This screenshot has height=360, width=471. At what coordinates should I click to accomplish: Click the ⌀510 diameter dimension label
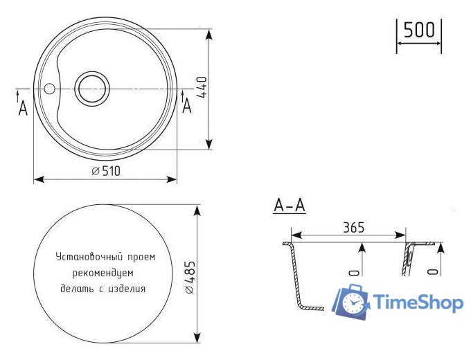coord(106,172)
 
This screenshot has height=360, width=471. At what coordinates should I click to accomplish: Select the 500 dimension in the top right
coord(419,30)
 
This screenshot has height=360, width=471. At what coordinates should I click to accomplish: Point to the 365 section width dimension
coord(353,227)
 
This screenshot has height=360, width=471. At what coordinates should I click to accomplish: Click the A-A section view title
coord(290,206)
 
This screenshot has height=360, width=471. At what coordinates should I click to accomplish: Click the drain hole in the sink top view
coord(92,89)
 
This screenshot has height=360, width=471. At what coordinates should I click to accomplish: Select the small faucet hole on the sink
coord(49,89)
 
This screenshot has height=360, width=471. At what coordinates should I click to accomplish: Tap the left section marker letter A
coord(23,108)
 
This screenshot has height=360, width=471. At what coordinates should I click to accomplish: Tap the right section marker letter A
coord(186,106)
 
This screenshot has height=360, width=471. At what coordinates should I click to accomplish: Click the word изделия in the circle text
coord(128,288)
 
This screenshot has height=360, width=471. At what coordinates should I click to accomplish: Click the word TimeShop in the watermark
coord(418,303)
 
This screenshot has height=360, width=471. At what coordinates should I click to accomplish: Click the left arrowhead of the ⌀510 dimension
coord(37,179)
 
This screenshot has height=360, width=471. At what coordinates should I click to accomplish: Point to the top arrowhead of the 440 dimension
coord(208,33)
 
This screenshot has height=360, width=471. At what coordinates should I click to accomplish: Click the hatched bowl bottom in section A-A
coord(311,307)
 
